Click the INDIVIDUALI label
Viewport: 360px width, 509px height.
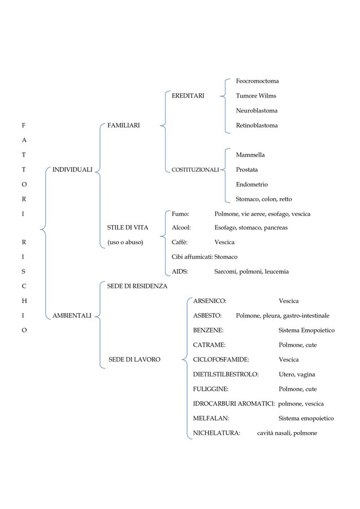point(72,170)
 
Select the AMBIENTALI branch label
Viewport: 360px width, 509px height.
point(72,316)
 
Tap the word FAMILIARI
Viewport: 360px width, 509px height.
point(124,126)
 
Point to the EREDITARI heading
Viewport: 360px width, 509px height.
point(188,96)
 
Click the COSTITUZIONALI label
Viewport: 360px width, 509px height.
point(195,170)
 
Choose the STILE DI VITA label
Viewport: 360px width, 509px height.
point(128,227)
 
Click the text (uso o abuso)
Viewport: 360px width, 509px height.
point(125,242)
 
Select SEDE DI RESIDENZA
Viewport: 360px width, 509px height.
point(137,286)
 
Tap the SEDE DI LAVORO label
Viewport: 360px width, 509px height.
point(135,359)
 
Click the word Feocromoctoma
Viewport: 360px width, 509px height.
point(258,81)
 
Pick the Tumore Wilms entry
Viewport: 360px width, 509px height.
point(256,96)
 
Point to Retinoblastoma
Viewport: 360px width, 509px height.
point(257,126)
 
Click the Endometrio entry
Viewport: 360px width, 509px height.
point(252,184)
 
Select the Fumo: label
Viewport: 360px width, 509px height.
point(180,214)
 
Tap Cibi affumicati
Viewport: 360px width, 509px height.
point(192,257)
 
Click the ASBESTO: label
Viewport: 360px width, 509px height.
point(207,316)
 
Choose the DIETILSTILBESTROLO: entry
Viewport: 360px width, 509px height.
point(225,374)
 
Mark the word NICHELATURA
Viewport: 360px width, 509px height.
point(216,433)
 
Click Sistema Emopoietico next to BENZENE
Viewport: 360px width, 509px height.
point(306,330)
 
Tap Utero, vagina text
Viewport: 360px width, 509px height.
point(297,374)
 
